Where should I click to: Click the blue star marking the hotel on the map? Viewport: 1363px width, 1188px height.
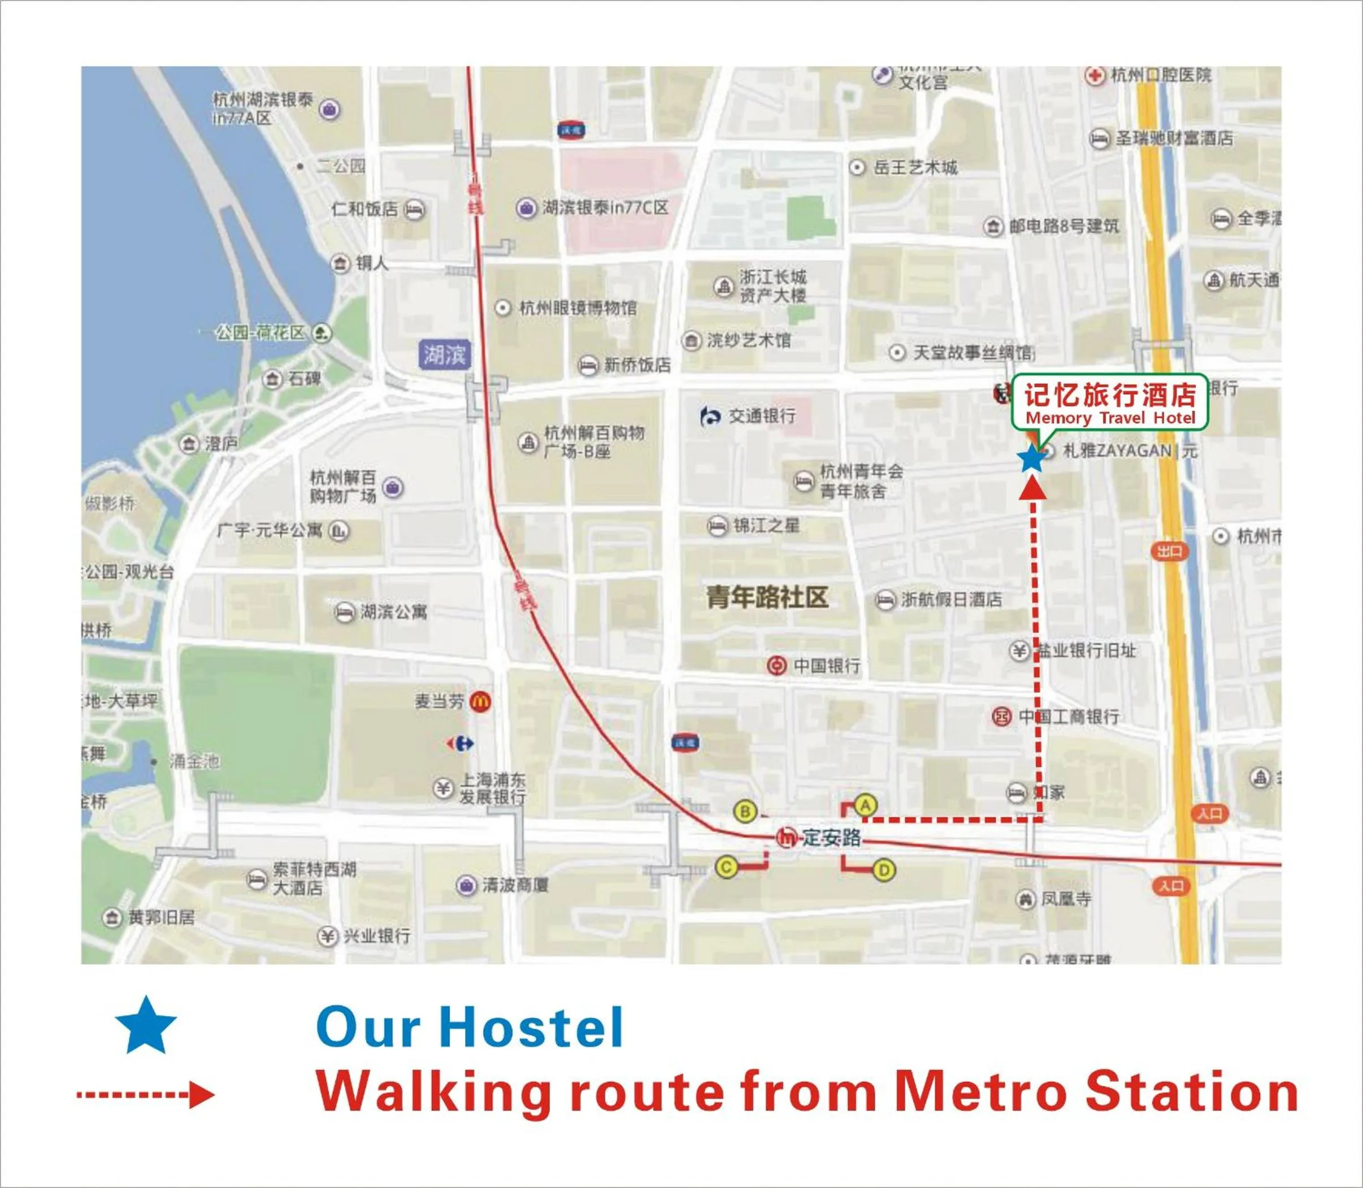(1031, 458)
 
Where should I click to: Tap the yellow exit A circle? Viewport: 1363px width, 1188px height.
(865, 805)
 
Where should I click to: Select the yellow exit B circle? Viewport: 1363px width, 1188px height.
(745, 812)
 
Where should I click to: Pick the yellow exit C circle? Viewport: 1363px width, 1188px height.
(727, 866)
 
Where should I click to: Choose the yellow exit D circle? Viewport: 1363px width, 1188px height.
(884, 870)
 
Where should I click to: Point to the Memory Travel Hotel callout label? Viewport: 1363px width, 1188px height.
(1110, 402)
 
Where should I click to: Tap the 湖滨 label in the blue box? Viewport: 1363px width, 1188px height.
(445, 355)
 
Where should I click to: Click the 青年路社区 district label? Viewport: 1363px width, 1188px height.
(767, 597)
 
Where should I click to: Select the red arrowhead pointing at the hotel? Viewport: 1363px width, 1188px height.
(1033, 487)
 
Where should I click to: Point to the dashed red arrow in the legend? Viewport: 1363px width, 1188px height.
(146, 1095)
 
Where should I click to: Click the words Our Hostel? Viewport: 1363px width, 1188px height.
(470, 1027)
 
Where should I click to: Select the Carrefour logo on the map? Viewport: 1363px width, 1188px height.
(460, 743)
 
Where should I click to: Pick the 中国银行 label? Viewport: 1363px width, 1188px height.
(827, 666)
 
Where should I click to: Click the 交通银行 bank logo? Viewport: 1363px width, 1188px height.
(710, 417)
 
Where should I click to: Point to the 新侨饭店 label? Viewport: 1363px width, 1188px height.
(637, 365)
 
